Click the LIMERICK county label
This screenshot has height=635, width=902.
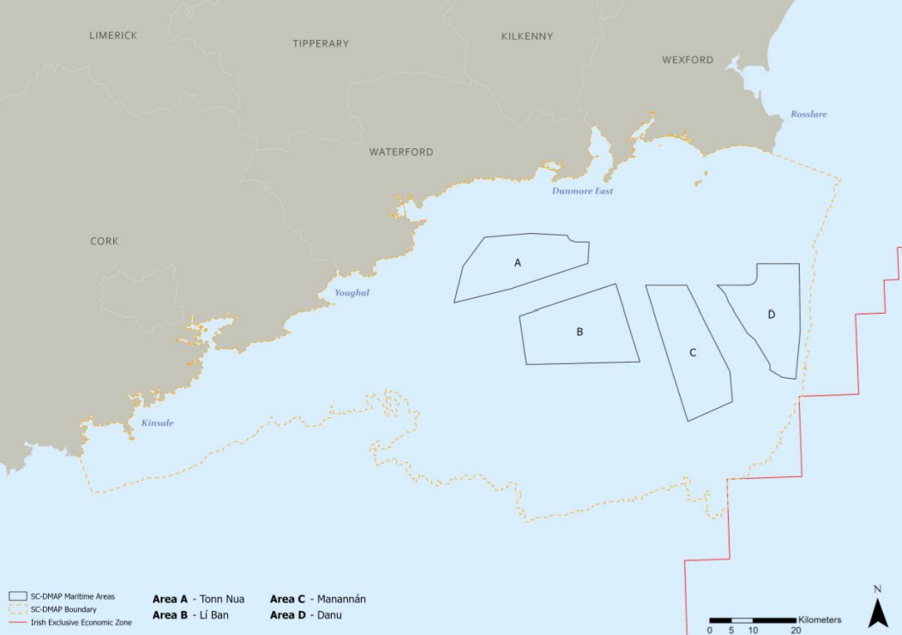113,35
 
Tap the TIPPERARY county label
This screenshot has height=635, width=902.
321,44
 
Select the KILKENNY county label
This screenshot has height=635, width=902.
527,37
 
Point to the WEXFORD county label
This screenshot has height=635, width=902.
688,60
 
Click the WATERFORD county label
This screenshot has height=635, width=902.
401,153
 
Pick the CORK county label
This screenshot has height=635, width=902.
105,242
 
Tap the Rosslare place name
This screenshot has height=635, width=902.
809,114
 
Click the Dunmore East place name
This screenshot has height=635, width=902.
583,191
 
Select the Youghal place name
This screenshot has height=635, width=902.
352,293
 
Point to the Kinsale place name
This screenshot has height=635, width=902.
157,422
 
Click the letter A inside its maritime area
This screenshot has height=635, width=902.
518,263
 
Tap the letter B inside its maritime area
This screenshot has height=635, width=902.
580,332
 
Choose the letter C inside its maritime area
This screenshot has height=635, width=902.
693,353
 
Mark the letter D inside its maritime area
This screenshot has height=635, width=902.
772,315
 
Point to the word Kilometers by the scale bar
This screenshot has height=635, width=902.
820,620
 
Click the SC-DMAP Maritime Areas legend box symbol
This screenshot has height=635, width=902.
19,596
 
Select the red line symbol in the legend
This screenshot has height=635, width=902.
19,622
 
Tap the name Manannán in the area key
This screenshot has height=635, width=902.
341,599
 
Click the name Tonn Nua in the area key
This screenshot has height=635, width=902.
223,599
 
